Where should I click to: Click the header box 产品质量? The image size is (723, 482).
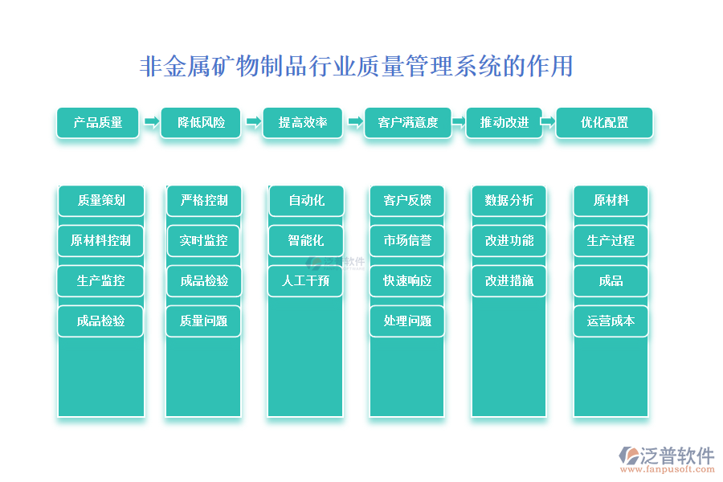click(x=98, y=123)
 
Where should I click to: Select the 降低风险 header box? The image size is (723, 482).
click(x=201, y=123)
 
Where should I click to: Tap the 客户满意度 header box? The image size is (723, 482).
click(x=407, y=123)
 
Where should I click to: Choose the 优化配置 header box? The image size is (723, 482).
click(x=604, y=123)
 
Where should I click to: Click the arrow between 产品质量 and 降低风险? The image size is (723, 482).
click(x=151, y=122)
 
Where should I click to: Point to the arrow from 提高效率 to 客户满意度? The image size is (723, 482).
click(x=355, y=122)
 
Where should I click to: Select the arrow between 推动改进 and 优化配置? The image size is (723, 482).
click(x=547, y=122)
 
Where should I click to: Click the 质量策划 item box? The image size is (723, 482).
click(x=101, y=201)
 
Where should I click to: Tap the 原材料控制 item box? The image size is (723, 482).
click(x=100, y=241)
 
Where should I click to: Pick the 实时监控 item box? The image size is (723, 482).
click(x=203, y=241)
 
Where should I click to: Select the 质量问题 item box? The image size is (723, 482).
click(x=203, y=321)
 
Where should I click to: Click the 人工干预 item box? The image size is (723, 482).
click(x=305, y=281)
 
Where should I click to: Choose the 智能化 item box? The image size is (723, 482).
click(x=306, y=241)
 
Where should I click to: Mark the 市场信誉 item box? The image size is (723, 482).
click(x=407, y=241)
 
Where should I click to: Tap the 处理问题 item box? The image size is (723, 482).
click(x=407, y=321)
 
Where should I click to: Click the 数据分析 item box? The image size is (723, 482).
click(x=509, y=201)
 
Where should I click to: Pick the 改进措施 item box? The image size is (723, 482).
click(x=509, y=281)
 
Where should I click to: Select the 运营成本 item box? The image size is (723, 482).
click(x=611, y=321)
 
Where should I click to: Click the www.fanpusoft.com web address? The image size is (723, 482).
click(x=668, y=469)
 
